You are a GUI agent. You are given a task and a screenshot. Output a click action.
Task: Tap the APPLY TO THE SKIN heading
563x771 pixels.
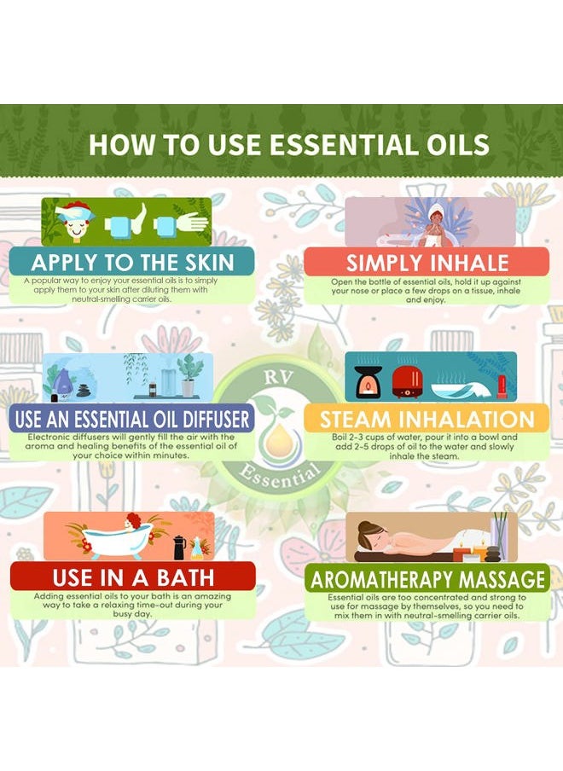(x=133, y=262)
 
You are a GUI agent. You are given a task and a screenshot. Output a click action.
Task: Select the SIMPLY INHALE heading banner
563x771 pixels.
(x=427, y=263)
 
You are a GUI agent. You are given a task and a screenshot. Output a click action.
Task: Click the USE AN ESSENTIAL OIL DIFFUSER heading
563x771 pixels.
(x=132, y=420)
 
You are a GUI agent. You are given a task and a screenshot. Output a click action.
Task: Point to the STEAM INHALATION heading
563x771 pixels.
(x=427, y=420)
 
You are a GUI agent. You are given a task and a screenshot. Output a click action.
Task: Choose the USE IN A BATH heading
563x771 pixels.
(x=133, y=577)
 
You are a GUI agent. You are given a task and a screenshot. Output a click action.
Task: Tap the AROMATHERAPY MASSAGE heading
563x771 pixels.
(x=427, y=579)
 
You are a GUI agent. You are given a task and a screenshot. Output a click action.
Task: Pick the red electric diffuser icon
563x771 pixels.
(x=407, y=382)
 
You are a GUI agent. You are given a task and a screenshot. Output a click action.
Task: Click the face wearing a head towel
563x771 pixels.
(x=76, y=223)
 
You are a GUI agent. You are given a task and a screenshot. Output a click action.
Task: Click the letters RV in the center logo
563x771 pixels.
(x=278, y=378)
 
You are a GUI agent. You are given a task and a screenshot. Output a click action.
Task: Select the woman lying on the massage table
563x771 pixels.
(x=408, y=540)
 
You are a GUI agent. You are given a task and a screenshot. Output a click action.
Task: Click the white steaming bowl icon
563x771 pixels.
(x=452, y=390)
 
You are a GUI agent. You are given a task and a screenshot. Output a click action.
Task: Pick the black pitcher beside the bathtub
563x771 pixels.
(x=179, y=548)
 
